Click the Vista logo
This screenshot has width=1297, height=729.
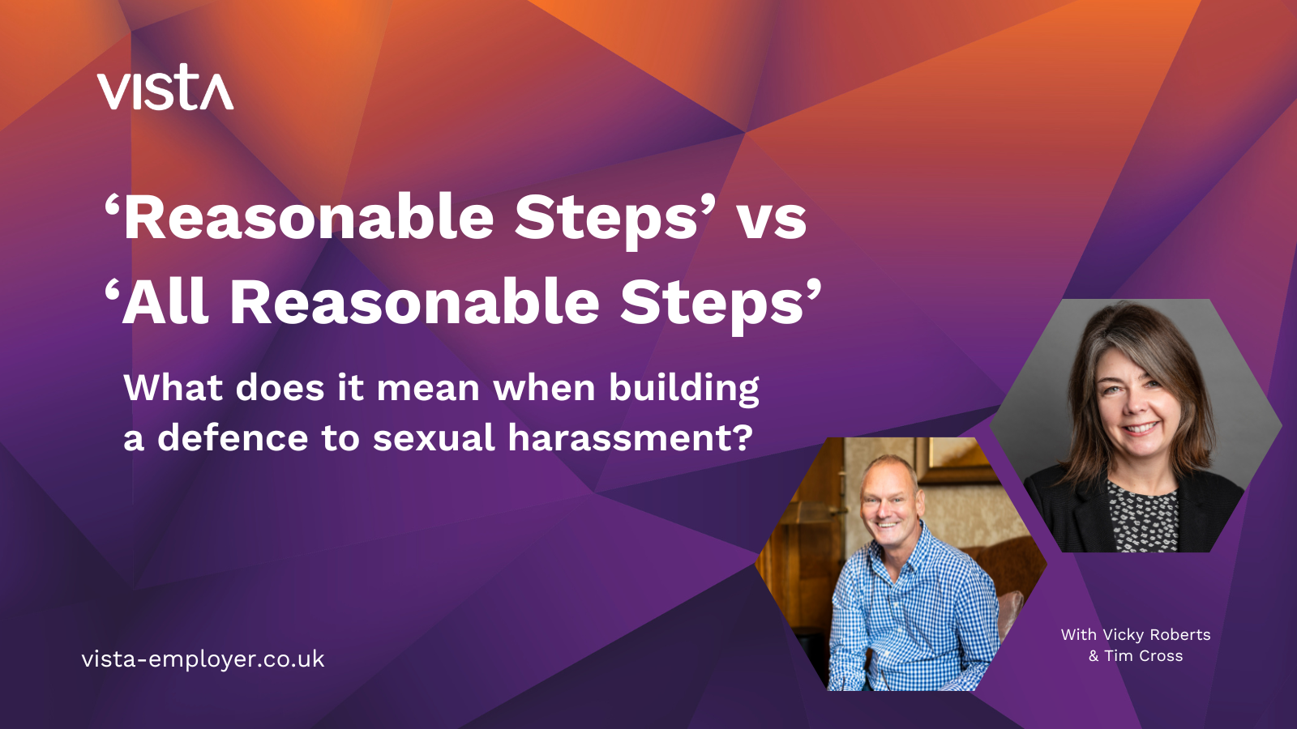point(165,87)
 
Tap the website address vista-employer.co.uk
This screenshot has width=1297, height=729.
point(203,659)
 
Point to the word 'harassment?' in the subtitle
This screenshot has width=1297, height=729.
point(630,437)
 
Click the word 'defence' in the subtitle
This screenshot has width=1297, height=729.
point(233,437)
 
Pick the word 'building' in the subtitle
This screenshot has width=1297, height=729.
point(684,389)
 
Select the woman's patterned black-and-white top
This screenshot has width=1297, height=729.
point(1143,517)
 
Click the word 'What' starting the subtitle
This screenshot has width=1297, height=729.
point(173,388)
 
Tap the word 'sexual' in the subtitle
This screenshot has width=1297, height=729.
point(434,437)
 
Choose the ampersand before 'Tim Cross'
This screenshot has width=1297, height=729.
point(1094,656)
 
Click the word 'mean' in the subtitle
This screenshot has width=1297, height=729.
point(429,389)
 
